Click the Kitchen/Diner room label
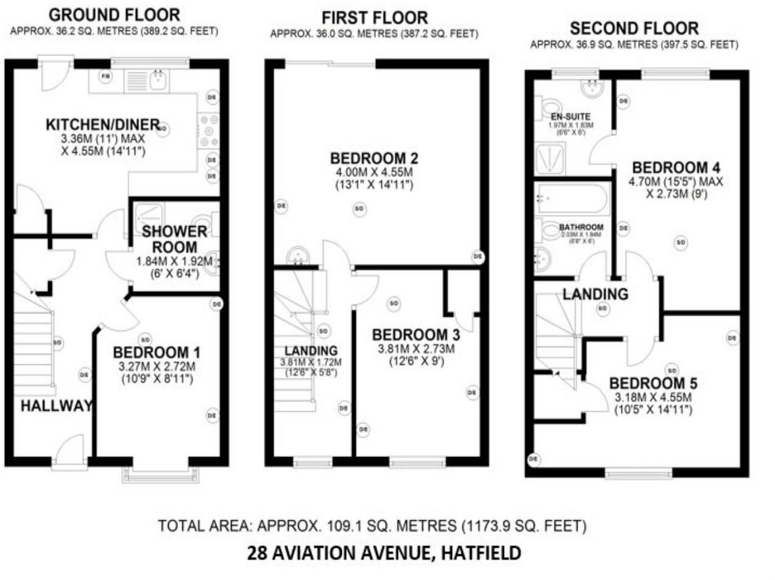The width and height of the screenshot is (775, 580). (x=102, y=125)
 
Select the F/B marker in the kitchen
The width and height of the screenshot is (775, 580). (x=106, y=77)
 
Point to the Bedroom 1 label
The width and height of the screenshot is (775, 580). (x=157, y=352)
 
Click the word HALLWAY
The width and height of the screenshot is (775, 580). (x=56, y=406)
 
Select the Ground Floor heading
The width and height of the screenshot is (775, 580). (x=114, y=14)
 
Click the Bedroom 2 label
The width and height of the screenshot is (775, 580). (x=373, y=158)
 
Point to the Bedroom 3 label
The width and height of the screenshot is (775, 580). (x=416, y=335)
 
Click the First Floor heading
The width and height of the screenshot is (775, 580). (x=375, y=18)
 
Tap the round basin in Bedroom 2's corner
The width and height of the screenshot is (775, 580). (x=299, y=256)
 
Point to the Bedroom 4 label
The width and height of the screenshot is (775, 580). (x=676, y=167)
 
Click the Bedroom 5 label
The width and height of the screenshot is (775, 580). (x=653, y=383)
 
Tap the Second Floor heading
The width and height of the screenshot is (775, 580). (x=634, y=28)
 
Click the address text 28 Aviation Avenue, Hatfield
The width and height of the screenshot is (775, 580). (x=384, y=553)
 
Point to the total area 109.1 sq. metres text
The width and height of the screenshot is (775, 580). (x=372, y=525)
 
